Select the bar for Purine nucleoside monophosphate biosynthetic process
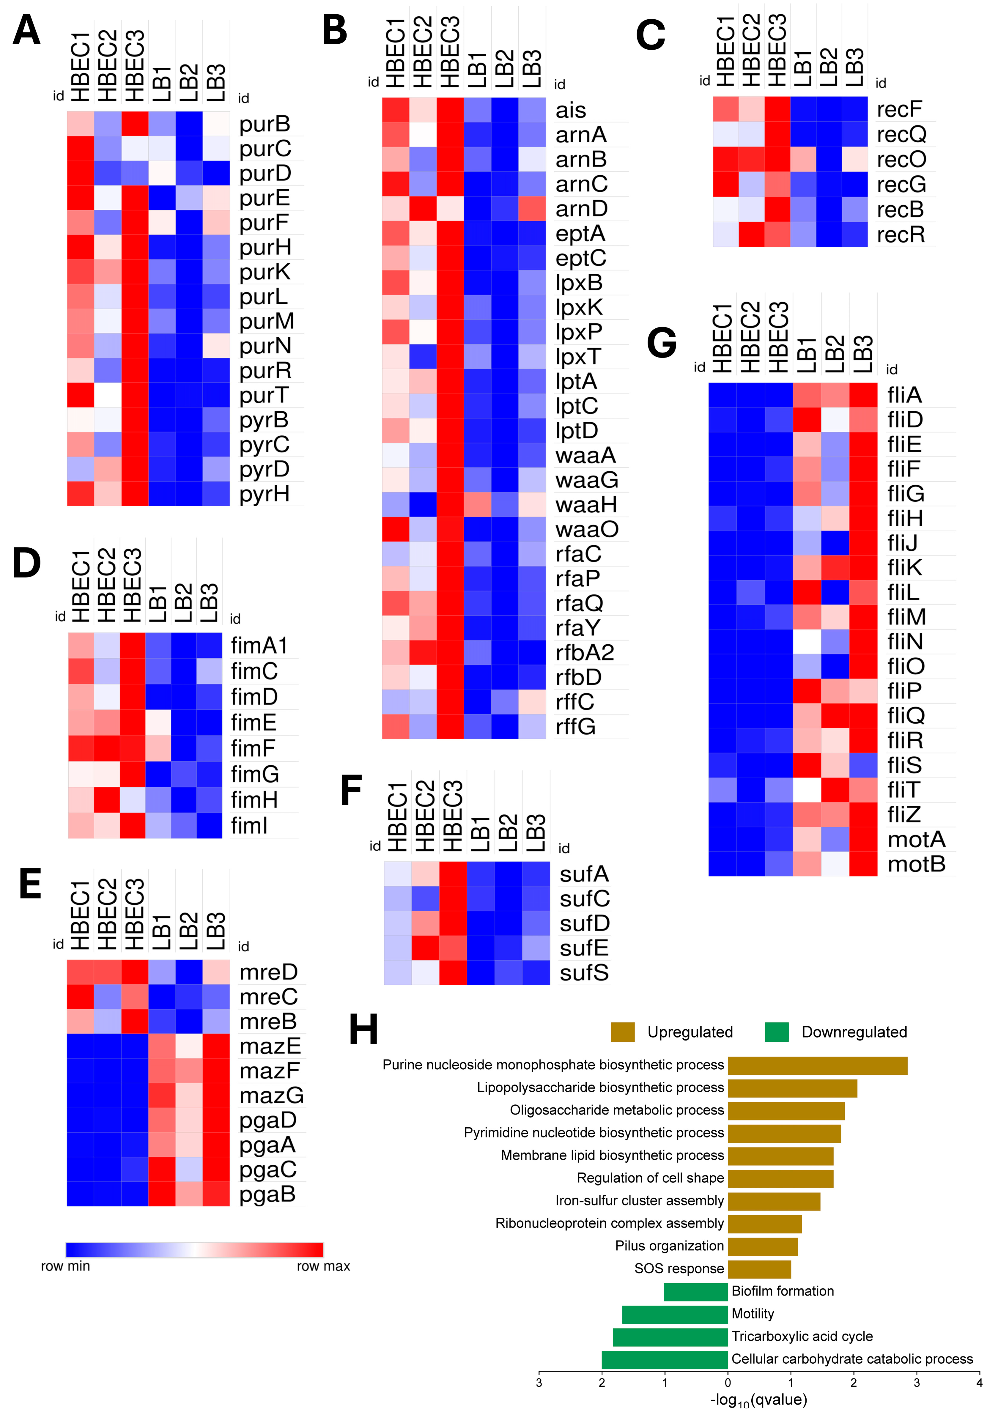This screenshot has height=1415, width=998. point(817,1065)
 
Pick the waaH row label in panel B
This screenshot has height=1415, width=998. point(585,505)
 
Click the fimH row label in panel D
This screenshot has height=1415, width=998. point(254,800)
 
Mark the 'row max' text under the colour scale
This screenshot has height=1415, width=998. point(323,1266)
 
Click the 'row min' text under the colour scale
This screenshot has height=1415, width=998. point(65,1266)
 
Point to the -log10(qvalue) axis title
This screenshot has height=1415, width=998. point(758,1400)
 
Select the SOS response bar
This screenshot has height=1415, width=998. point(759,1269)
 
